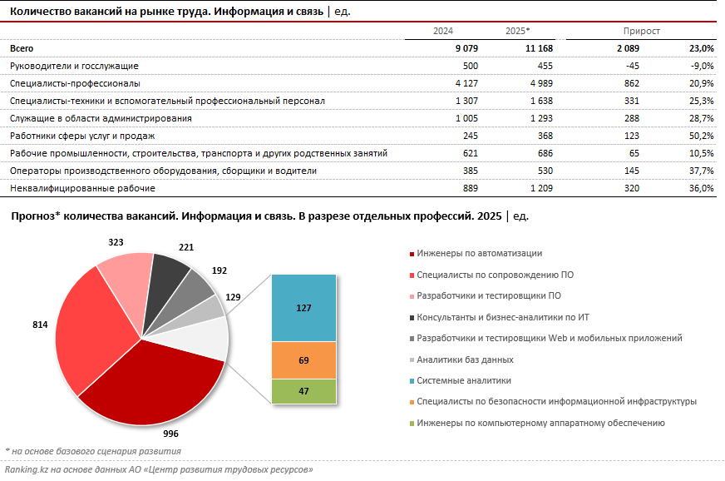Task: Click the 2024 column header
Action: pyautogui.click(x=442, y=31)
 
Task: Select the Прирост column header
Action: pyautogui.click(x=644, y=31)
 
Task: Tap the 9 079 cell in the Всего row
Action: pyautogui.click(x=459, y=48)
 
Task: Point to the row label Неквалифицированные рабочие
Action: pyautogui.click(x=82, y=188)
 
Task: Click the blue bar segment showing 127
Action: pyautogui.click(x=303, y=308)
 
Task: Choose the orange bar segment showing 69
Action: pyautogui.click(x=303, y=360)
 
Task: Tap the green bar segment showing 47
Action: pyautogui.click(x=303, y=390)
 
